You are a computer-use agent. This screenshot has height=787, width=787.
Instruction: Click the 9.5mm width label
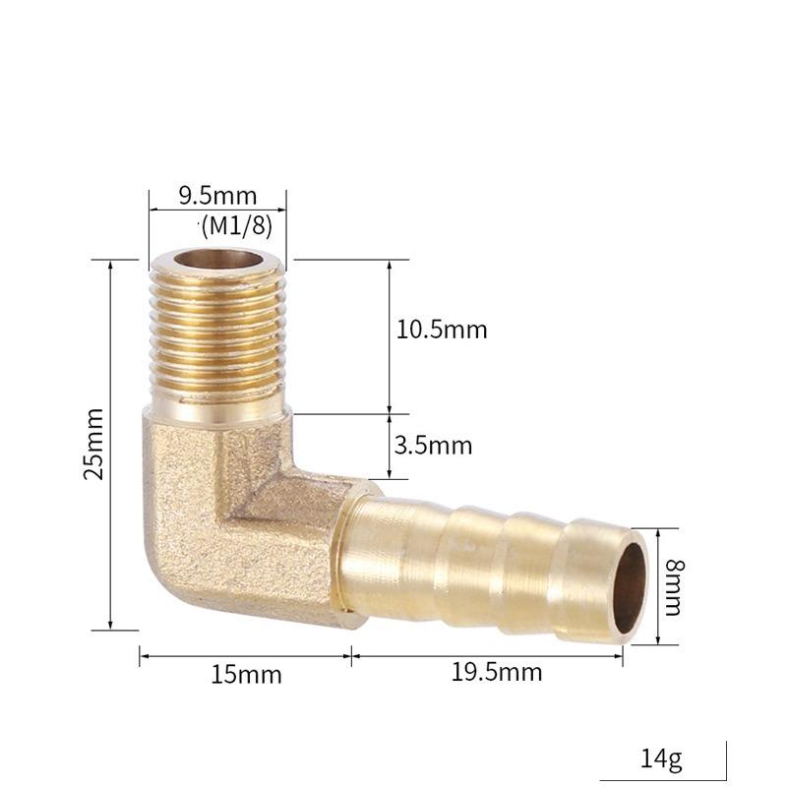(x=217, y=195)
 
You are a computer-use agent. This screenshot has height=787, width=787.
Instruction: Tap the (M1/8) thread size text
(x=236, y=225)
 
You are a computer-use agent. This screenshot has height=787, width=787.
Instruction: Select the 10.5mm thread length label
(x=442, y=330)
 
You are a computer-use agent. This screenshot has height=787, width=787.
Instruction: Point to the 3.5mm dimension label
(x=433, y=446)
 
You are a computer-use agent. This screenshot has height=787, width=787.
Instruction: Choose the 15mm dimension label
(x=246, y=675)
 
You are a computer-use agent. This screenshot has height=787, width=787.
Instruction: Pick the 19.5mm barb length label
(x=497, y=673)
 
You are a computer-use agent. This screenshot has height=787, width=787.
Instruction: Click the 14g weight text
(x=661, y=758)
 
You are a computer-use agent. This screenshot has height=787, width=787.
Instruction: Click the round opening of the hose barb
(x=630, y=587)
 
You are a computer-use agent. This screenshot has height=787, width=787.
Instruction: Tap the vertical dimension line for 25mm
(x=110, y=443)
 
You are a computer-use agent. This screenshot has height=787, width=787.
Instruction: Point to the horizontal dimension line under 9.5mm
(x=217, y=209)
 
